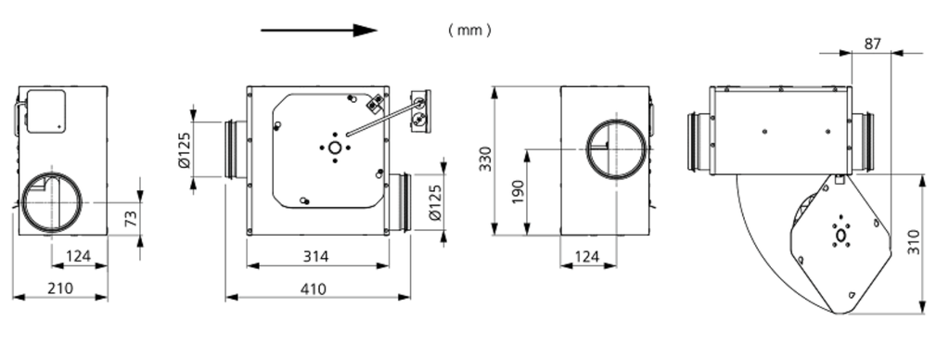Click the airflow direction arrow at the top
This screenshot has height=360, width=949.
click(x=319, y=31)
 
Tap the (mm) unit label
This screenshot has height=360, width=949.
click(x=469, y=30)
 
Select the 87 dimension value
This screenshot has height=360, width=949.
click(x=872, y=44)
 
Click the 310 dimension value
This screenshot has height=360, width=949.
click(x=914, y=242)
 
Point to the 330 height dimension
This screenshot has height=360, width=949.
click(x=486, y=159)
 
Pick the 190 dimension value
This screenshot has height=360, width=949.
click(x=518, y=191)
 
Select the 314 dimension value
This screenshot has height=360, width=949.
click(x=316, y=256)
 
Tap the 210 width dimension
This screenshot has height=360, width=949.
click(x=59, y=288)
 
